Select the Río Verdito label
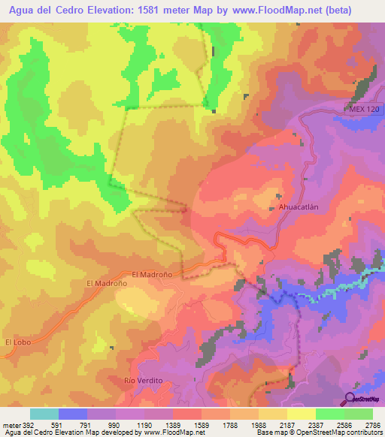pyautogui.click(x=143, y=381)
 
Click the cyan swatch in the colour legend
pyautogui.click(x=44, y=414)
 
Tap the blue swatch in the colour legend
pyautogui.click(x=73, y=414)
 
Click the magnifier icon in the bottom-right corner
pyautogui.click(x=350, y=398)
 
